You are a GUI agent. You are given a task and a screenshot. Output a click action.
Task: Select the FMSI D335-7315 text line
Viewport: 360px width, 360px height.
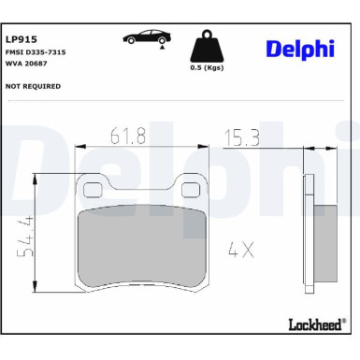point(34,54)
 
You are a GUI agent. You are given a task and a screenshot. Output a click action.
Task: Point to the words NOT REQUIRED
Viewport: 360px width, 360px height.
point(34,86)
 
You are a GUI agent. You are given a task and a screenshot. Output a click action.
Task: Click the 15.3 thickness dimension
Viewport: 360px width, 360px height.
point(242,137)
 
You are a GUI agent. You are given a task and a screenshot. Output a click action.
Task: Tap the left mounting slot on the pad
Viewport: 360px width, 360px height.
point(94,193)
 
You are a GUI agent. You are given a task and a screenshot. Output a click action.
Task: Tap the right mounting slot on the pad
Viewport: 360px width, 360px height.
point(192,193)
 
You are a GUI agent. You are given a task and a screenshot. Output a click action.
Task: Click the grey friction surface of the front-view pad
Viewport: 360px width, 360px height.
point(142,248)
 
